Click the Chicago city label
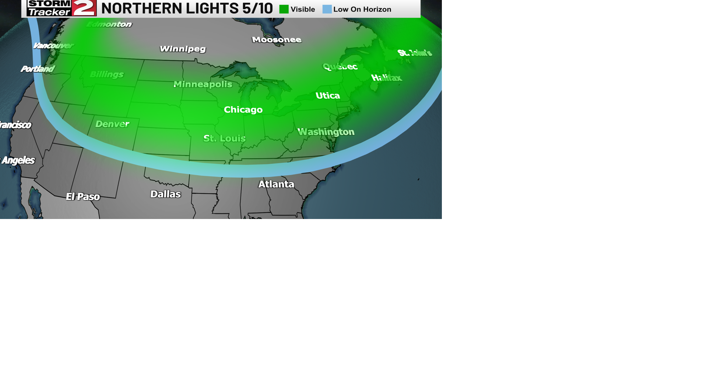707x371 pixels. coord(243,110)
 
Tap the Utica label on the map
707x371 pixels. coord(327,96)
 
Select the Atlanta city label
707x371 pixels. coord(276,184)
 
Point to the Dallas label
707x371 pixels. coord(165,194)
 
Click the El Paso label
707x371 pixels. coord(83,197)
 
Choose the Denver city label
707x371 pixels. coord(112,124)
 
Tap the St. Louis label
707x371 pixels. coord(224,138)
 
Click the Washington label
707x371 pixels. coord(326,132)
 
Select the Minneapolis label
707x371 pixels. coord(203,84)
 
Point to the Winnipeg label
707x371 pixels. coord(183,49)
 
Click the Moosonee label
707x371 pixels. coord(277,40)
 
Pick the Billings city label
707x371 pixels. coord(106,74)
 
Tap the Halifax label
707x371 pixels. coord(386,78)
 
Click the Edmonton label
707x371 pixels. coord(109,24)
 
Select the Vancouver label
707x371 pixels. coord(53,46)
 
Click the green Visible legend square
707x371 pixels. coord(284,9)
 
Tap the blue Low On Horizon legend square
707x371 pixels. coord(327,9)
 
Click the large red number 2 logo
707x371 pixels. coord(84,8)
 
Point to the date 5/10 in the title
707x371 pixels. coord(257,8)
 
